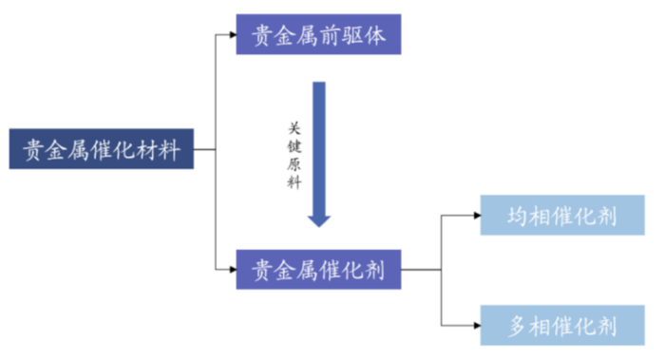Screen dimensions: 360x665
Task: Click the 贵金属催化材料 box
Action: (102, 149)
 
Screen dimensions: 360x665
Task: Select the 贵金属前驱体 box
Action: (317, 37)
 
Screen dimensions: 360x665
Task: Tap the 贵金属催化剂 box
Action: (317, 270)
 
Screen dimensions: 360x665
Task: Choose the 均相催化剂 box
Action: (561, 216)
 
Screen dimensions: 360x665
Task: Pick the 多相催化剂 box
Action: (561, 327)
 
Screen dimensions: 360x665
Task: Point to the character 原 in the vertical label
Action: (294, 164)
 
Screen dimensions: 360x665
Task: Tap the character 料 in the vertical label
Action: (294, 183)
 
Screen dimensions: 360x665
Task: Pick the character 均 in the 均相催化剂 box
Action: (519, 216)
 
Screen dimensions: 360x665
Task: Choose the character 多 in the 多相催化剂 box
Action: (519, 327)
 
